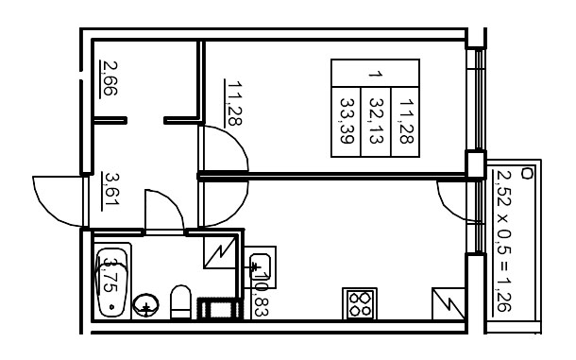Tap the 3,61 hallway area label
pos(110,187)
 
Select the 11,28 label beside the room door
pos(230,103)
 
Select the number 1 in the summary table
pos(376,73)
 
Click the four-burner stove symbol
pos(360,303)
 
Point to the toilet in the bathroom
pos(180,304)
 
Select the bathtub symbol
pos(112,282)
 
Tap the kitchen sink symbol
pos(263,267)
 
